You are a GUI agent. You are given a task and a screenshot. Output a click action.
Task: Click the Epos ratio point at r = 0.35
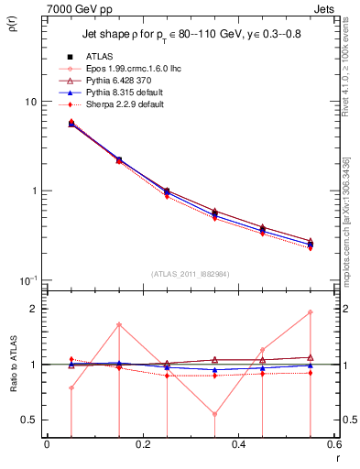(x=214, y=414)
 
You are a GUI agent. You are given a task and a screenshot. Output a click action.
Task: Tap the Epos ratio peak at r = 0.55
(x=311, y=312)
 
